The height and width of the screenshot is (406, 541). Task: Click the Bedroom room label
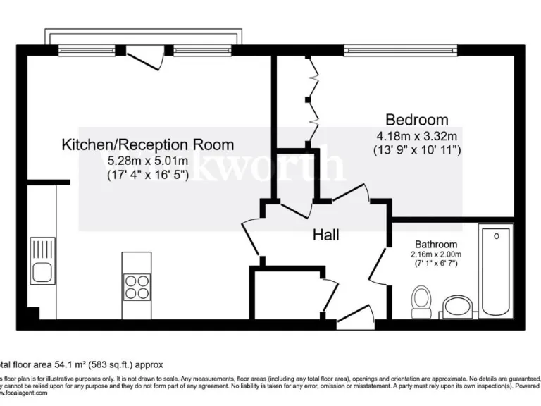tap(416, 119)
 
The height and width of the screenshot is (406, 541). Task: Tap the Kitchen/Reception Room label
tap(148, 144)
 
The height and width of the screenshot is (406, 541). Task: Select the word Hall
tap(325, 235)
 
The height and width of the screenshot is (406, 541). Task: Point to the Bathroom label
tap(436, 245)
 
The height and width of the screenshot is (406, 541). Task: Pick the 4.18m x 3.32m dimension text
tap(416, 135)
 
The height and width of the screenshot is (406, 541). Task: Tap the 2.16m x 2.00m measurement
tap(436, 254)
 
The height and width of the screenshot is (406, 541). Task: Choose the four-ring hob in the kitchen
tap(137, 286)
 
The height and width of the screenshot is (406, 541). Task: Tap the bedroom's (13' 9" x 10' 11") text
tap(416, 149)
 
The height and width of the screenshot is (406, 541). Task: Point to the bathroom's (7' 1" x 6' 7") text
tap(436, 264)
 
